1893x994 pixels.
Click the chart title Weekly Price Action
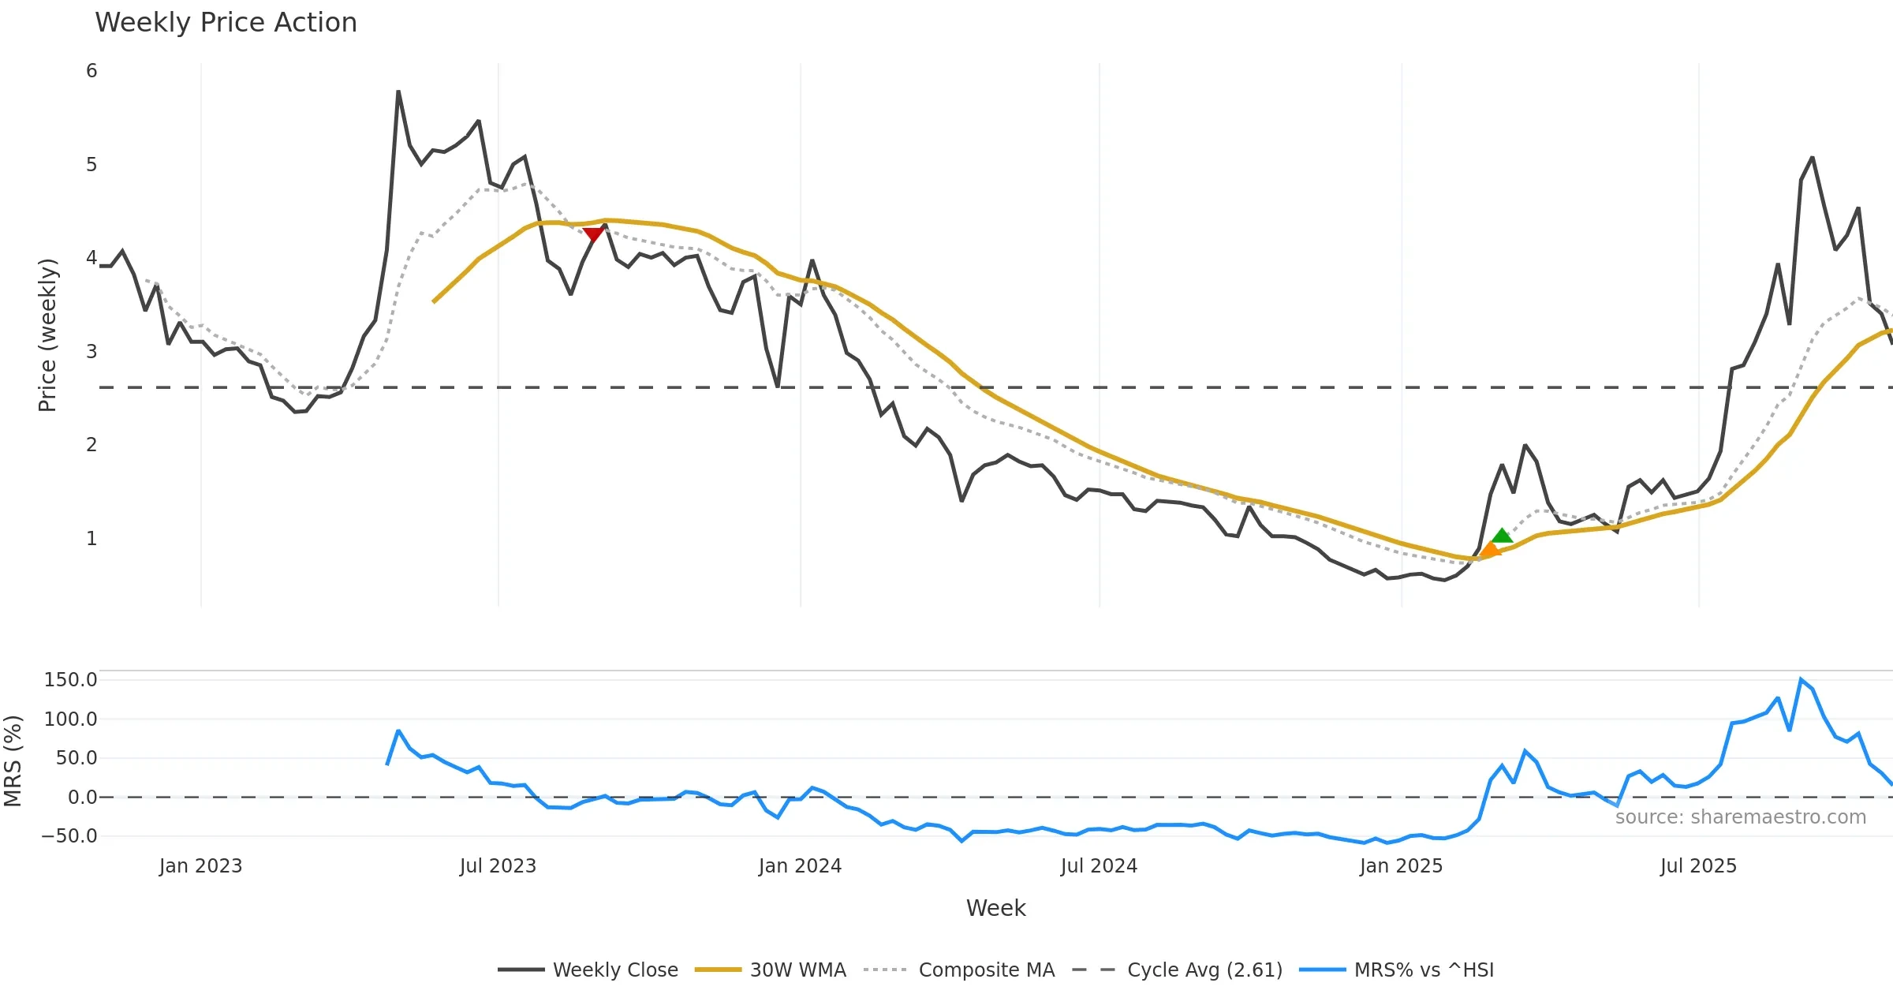(x=226, y=23)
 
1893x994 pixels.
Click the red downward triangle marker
(x=593, y=234)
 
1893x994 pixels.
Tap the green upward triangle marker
(x=1502, y=536)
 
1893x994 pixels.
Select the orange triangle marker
(x=1490, y=550)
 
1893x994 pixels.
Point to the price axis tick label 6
(x=91, y=71)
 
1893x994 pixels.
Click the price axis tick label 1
(x=91, y=539)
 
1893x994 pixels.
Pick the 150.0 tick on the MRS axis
(x=70, y=680)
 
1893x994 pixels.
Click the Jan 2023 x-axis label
(x=200, y=866)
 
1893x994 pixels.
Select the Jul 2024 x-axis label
(x=1099, y=866)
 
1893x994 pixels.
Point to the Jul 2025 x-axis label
(x=1698, y=866)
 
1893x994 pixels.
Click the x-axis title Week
(x=995, y=909)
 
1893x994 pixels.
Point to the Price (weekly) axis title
(x=47, y=335)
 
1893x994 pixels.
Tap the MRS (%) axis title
(x=13, y=761)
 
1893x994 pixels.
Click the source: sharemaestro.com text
(x=1740, y=817)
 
